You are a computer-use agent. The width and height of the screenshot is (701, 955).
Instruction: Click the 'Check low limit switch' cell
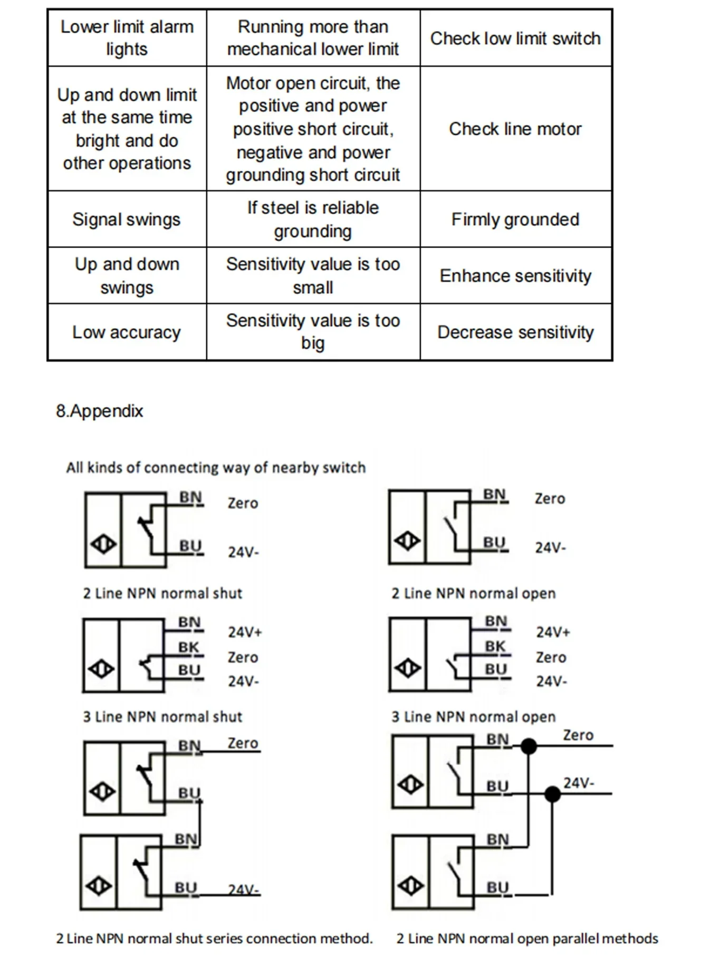pos(515,39)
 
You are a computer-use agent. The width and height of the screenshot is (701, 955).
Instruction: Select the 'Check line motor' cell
pos(515,129)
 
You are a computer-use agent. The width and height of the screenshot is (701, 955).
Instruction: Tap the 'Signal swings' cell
pos(127,220)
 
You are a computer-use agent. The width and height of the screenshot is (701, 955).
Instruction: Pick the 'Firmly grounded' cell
pos(515,220)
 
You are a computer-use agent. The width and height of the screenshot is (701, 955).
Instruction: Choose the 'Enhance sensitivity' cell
pos(515,276)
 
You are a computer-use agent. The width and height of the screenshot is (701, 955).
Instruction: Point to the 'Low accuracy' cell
pos(127,333)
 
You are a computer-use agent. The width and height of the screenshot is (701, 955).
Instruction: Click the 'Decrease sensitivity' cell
pos(515,333)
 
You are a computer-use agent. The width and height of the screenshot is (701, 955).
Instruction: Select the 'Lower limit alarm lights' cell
pos(127,38)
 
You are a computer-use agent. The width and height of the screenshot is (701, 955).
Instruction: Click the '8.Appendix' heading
pos(100,411)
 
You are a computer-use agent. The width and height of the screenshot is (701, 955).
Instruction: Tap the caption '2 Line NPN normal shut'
pos(162,593)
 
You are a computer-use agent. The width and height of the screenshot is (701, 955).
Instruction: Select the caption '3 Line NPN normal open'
pos(473,717)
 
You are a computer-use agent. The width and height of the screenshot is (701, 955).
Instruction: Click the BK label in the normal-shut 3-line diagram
pos(188,647)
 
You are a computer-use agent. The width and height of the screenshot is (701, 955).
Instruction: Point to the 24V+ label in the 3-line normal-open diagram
pos(553,632)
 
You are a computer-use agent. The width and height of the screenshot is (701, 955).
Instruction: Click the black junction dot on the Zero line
pos(529,746)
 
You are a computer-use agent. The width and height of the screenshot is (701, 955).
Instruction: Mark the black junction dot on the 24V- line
pos(552,793)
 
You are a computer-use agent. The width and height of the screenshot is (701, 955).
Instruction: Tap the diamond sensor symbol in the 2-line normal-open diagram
pos(408,541)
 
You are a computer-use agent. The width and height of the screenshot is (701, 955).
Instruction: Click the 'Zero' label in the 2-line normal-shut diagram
pos(243,504)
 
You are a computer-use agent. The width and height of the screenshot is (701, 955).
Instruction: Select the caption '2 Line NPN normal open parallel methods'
pos(527,939)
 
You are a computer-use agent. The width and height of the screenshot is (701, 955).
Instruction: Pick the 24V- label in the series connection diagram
pos(244,890)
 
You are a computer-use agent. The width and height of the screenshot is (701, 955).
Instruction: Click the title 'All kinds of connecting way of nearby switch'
pos(216,468)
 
